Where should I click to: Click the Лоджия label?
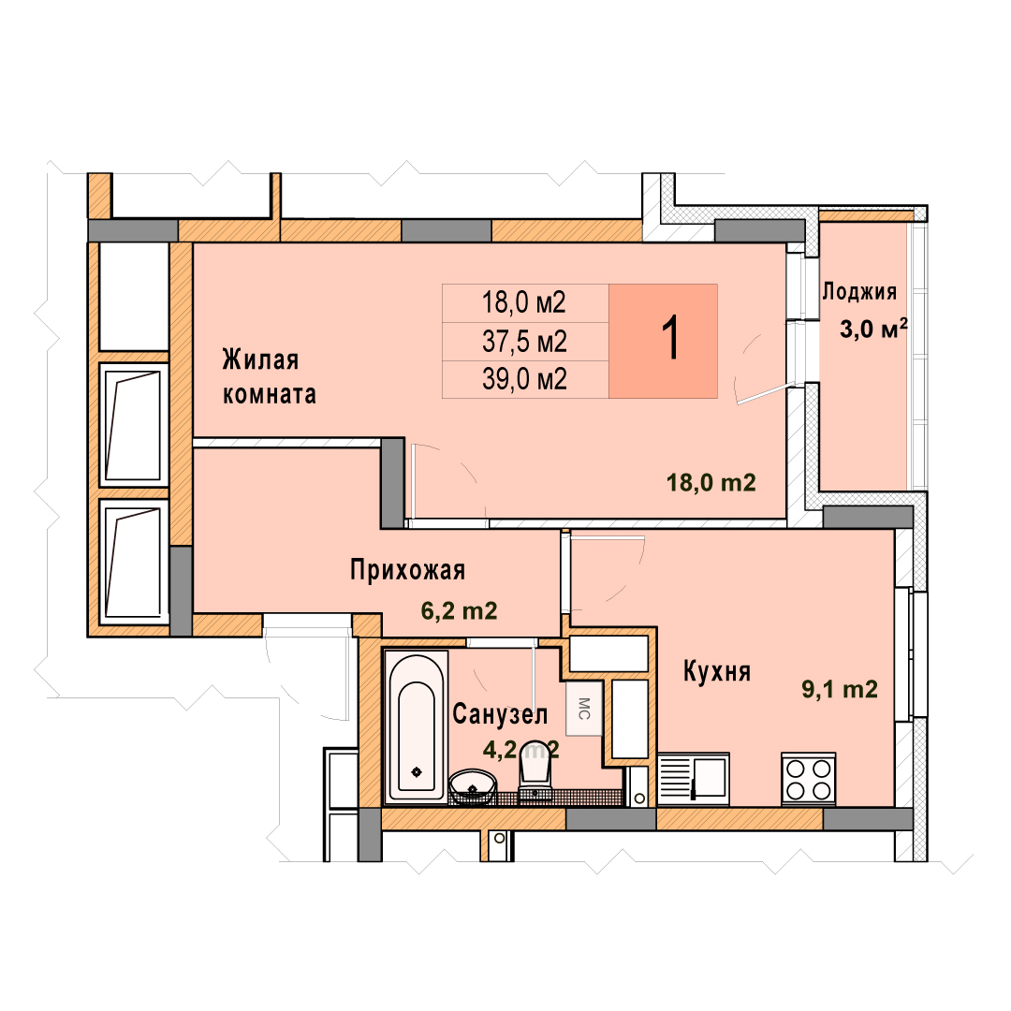coord(859,292)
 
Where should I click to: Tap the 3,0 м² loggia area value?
coord(873,329)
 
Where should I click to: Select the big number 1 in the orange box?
coord(670,339)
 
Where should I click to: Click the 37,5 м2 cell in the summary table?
coord(524,341)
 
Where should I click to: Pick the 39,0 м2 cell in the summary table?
coord(524,379)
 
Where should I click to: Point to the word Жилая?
coord(260,359)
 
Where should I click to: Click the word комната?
coord(270,395)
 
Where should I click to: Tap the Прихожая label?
coord(407,571)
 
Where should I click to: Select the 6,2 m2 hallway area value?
coord(459,610)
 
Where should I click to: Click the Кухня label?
coord(717,672)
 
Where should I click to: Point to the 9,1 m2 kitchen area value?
coord(840,689)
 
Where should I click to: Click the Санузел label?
coord(500,714)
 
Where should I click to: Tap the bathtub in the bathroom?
coord(416,726)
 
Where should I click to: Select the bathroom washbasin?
coord(474,786)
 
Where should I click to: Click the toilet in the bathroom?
coord(535,774)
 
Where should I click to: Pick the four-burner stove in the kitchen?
coord(809,779)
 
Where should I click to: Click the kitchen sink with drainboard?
coord(694,779)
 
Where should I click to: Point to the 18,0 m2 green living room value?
coord(711,482)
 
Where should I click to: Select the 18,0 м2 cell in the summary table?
coord(524,302)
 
